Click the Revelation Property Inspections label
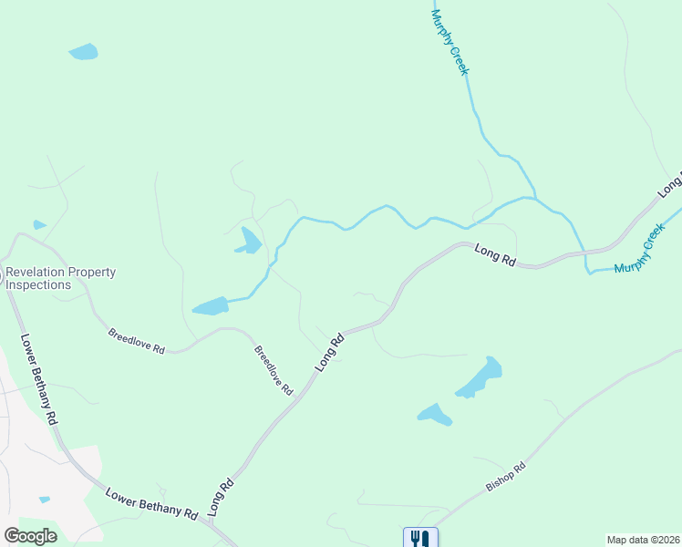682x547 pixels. [60, 278]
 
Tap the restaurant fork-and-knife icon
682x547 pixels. [420, 538]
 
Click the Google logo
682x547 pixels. [31, 536]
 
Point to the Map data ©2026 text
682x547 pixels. [642, 539]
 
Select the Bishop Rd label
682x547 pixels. [506, 478]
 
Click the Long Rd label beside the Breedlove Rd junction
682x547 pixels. [330, 351]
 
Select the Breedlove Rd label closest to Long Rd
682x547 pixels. [273, 370]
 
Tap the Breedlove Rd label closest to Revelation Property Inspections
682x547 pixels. [136, 341]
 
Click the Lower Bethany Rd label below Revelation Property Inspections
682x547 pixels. [39, 377]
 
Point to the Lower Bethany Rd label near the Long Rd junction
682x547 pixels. [151, 502]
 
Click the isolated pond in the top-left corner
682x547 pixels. [83, 52]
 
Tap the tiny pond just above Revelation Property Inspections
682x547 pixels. [39, 224]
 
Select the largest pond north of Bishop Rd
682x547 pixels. [480, 377]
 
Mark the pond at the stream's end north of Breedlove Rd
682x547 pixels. [211, 306]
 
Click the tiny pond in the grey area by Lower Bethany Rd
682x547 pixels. [45, 499]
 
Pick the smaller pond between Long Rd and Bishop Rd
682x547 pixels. [435, 415]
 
